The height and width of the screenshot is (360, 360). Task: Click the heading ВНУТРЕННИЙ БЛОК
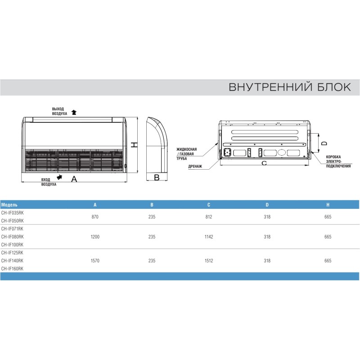pyautogui.click(x=290, y=87)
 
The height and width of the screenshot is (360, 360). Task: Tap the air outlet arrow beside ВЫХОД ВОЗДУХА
pyautogui.click(x=74, y=112)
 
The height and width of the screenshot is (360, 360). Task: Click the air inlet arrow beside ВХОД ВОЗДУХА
pyautogui.click(x=59, y=177)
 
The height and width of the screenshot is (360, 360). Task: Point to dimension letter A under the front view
pyautogui.click(x=74, y=179)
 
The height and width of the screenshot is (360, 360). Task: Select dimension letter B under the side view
pyautogui.click(x=157, y=177)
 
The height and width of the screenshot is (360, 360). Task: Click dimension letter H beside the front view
pyautogui.click(x=134, y=145)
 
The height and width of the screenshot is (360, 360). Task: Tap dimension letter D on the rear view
pyautogui.click(x=324, y=143)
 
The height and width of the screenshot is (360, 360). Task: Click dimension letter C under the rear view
pyautogui.click(x=264, y=163)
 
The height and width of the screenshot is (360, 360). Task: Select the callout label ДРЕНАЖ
pyautogui.click(x=195, y=166)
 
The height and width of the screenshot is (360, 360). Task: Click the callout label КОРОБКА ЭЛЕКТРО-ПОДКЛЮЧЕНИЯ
pyautogui.click(x=338, y=162)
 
